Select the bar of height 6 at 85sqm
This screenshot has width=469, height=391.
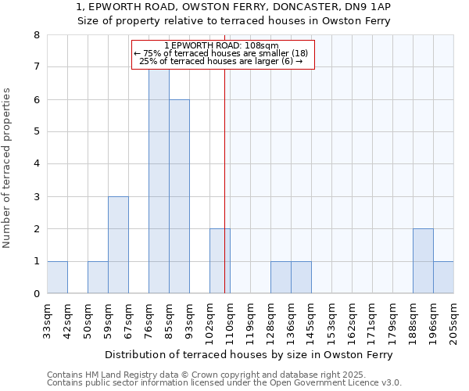point(179,196)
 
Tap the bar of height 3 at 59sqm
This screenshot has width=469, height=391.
point(118,245)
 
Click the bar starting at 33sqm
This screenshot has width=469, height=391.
point(57,278)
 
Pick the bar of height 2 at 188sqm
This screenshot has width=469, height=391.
point(423,261)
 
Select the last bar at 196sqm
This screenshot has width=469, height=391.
point(443,278)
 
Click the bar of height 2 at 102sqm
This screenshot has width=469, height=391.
point(220,261)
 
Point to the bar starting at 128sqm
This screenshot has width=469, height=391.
point(281,278)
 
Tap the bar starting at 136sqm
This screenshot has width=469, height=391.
point(301,278)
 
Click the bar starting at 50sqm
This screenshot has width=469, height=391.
point(98,278)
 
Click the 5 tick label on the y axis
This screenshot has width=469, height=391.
point(36,132)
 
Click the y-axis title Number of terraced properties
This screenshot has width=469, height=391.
point(8,167)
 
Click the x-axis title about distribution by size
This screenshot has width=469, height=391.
point(249,354)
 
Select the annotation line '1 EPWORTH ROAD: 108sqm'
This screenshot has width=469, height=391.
point(222,45)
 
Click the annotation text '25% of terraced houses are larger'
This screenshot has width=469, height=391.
point(220,61)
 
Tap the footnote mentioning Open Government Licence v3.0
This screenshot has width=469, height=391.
point(224,383)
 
